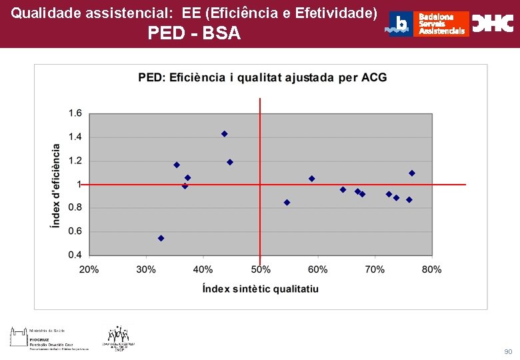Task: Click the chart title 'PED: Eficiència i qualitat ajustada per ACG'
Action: (x=262, y=77)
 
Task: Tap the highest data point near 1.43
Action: (x=225, y=134)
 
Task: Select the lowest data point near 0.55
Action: (x=161, y=238)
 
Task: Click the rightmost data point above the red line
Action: (x=412, y=173)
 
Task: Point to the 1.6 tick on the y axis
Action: (x=75, y=113)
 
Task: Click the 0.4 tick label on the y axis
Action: (x=75, y=255)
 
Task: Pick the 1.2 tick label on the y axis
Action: (x=75, y=161)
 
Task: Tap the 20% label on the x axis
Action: (x=89, y=269)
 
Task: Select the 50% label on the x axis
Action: (x=261, y=269)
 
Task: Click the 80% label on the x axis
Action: (x=432, y=269)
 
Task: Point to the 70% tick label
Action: (x=375, y=269)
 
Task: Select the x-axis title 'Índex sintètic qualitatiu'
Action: (x=260, y=289)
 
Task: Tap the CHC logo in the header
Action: (x=493, y=23)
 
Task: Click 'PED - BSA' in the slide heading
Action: (x=194, y=33)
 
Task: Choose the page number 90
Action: (x=508, y=351)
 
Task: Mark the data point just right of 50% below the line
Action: (x=287, y=203)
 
